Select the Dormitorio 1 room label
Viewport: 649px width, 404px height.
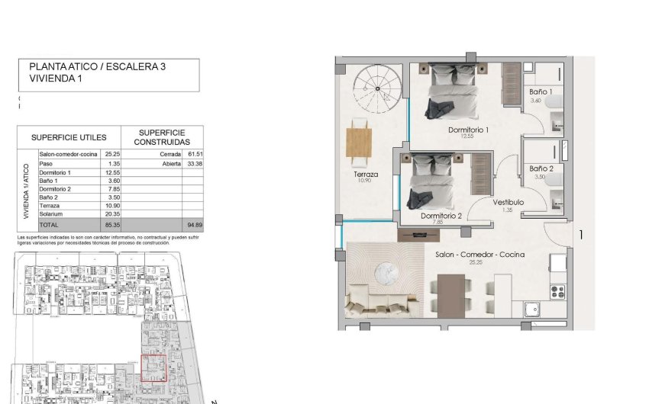coord(468,130)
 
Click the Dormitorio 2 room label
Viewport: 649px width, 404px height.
coord(441,216)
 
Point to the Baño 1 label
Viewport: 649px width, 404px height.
coord(541,92)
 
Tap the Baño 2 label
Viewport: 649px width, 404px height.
coord(541,168)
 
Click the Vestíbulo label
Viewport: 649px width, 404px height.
coord(507,202)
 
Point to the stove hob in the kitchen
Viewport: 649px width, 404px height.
coord(557,290)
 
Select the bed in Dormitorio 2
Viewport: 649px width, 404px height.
coord(434,179)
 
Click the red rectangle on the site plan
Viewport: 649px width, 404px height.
coord(155,368)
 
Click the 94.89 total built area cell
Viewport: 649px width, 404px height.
coord(192,226)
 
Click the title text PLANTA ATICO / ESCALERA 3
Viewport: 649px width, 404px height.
coord(97,67)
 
